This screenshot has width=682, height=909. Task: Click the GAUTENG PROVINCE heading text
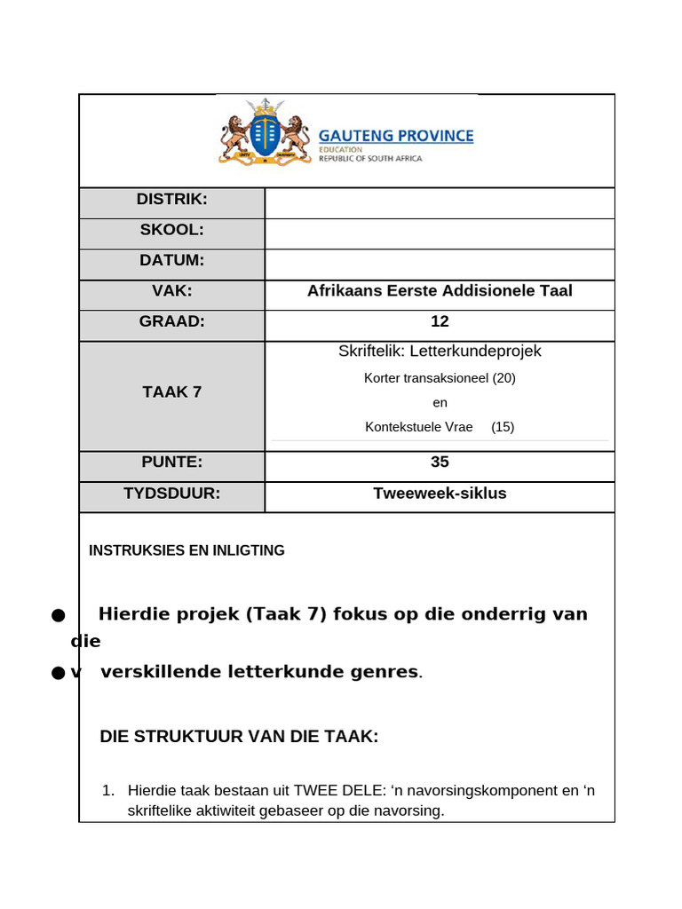point(396,136)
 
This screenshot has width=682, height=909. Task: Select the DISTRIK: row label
point(171,200)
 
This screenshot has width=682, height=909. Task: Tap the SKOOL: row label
point(171,230)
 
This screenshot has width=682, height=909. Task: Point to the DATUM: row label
point(171,260)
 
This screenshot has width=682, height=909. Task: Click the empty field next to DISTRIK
point(440,202)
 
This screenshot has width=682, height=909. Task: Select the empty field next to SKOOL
point(440,233)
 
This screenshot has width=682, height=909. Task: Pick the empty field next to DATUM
point(440,264)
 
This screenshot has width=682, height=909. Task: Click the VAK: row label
point(171,290)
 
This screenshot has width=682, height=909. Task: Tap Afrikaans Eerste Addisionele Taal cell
point(440,290)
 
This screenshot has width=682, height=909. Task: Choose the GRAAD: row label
point(171,321)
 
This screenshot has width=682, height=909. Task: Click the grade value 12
point(440,321)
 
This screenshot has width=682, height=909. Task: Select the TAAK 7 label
point(171,391)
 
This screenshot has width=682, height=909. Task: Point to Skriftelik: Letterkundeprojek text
point(440,351)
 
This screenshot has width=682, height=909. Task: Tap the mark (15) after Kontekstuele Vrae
point(503,426)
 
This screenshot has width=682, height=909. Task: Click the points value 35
point(440,462)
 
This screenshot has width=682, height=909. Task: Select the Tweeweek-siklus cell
point(440,493)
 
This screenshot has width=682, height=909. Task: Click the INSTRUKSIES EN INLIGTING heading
point(186,550)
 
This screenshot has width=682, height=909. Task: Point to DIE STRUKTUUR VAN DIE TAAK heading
point(239,736)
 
